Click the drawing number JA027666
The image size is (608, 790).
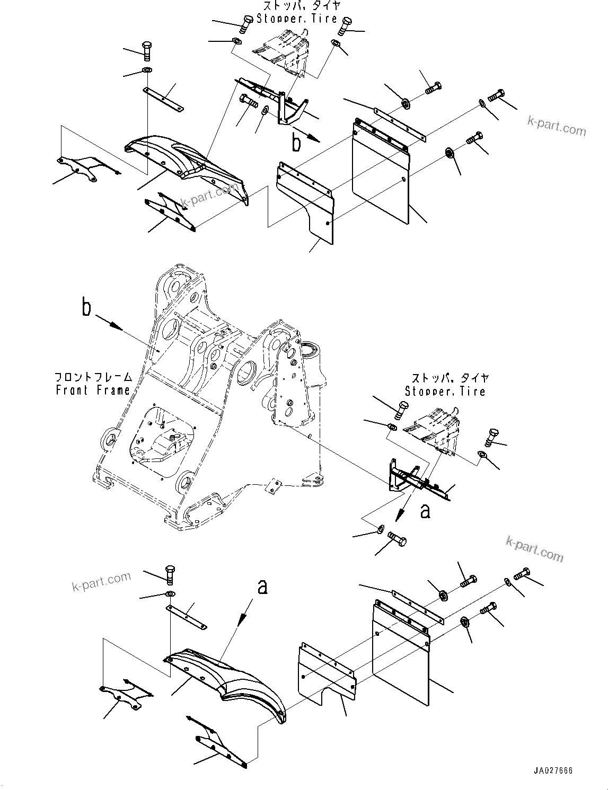click(x=554, y=771)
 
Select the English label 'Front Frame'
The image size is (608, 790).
click(x=93, y=390)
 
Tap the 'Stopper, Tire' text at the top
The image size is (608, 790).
click(x=297, y=19)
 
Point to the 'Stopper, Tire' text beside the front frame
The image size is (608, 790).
click(x=445, y=392)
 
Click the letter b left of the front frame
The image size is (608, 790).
click(x=87, y=308)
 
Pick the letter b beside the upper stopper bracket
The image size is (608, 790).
click(x=297, y=142)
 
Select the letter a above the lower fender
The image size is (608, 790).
click(x=261, y=587)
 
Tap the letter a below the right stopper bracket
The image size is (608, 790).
click(x=425, y=511)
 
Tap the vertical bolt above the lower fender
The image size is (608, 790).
click(x=170, y=573)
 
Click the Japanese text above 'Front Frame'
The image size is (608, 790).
click(x=93, y=378)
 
